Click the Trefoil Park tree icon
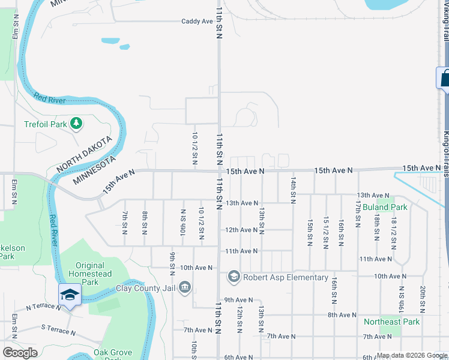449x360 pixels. pos(76,124)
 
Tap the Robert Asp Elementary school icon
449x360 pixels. pos(234,277)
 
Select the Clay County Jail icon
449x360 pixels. pos(185,286)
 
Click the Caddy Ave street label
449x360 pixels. pos(197,21)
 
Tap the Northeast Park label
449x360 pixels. pos(391,322)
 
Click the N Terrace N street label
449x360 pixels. pos(43,307)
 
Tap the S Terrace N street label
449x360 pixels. pos(58,330)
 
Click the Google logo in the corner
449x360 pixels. pos(20,353)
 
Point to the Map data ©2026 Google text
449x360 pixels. pos(411,355)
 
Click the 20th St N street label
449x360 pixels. pos(423,299)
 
